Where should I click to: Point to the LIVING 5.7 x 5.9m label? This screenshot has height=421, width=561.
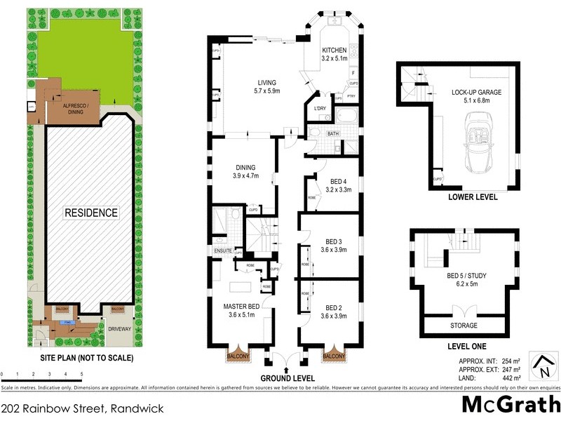(x=266, y=86)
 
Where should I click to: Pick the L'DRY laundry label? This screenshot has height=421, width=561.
(x=321, y=107)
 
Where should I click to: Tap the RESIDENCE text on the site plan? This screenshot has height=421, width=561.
(x=92, y=213)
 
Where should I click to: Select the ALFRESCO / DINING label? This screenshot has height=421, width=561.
(x=73, y=109)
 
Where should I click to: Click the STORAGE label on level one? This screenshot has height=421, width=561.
(x=464, y=326)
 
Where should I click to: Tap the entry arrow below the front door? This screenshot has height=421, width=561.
(x=285, y=369)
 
